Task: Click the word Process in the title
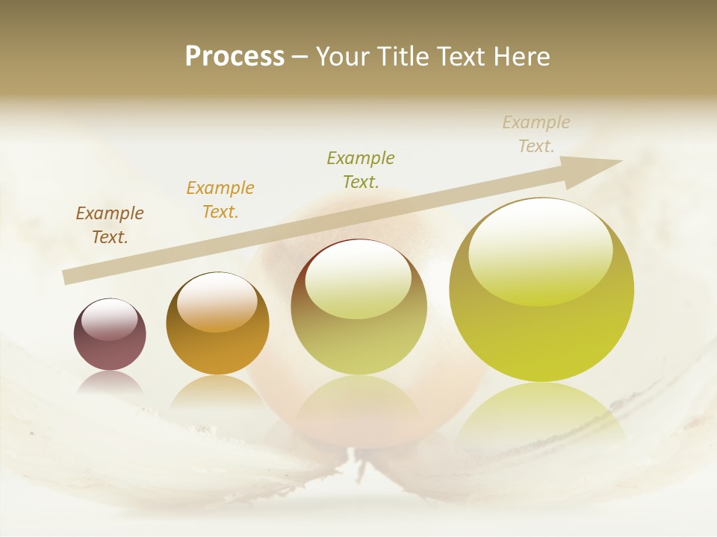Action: pos(235,57)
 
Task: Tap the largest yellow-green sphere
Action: pos(541,291)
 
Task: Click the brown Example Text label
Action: pos(110,225)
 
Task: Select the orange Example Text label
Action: pos(220,200)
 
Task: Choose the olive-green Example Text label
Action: pos(361,169)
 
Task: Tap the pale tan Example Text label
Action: pos(536,134)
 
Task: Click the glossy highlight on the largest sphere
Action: pos(540,250)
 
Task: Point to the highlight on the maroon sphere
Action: pos(110,319)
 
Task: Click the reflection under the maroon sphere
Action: pos(110,383)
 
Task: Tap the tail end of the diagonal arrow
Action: pos(69,277)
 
